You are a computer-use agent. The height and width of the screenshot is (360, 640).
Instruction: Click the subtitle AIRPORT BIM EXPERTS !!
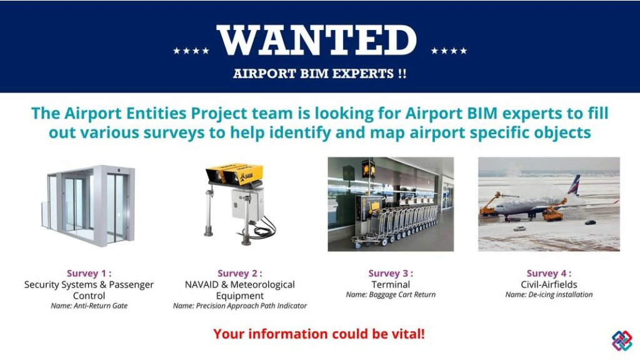coord(319,74)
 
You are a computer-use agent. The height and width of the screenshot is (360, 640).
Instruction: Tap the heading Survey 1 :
coord(89,274)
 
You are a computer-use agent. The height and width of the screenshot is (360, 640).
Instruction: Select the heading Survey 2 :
coord(240,274)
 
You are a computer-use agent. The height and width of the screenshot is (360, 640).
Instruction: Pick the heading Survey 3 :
coord(391,274)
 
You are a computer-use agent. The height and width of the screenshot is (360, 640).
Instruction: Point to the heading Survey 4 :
coord(549,274)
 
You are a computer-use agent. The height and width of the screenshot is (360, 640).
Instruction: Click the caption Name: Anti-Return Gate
coord(89,306)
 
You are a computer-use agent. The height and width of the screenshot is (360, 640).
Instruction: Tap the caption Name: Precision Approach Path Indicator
coord(240,306)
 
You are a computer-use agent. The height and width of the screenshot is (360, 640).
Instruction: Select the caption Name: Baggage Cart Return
coord(391,295)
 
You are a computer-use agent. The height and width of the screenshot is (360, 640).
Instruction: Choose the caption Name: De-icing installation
coord(549,295)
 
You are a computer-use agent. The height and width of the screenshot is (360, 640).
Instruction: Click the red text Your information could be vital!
coord(319,334)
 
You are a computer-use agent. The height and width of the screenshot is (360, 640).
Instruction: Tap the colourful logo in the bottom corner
coord(622,341)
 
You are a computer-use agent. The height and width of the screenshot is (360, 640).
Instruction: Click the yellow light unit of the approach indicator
coord(235,174)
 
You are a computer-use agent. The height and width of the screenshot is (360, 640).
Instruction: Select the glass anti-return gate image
coord(88,205)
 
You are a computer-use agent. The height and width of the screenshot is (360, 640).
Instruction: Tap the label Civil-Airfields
coord(549,284)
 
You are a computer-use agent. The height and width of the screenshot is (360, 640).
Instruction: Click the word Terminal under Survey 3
coord(391,284)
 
